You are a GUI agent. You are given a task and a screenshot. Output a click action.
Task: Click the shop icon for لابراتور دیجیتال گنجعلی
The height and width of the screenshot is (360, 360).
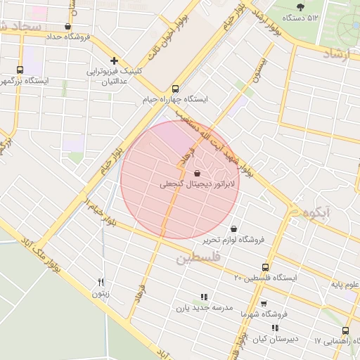coord(196,172)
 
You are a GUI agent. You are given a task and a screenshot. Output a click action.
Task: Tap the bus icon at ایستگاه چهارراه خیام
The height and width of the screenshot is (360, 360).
coord(175,89)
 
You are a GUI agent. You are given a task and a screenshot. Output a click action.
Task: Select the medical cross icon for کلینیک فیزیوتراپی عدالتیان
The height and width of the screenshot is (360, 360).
coord(114,60)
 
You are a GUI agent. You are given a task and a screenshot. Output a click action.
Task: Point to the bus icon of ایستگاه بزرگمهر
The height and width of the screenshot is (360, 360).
coord(20,70)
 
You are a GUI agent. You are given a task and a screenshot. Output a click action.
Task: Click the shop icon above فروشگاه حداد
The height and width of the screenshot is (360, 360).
coord(67,27)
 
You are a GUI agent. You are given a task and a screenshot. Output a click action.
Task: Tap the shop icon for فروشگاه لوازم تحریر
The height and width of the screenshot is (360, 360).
coord(233,229)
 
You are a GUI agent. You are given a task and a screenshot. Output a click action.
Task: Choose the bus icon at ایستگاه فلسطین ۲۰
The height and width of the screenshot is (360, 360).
coord(265,267)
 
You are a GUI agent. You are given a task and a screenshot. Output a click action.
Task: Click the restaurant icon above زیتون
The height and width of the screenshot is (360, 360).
coord(101,282)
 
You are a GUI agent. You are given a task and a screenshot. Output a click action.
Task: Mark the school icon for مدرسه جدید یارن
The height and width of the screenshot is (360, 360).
coord(204,297)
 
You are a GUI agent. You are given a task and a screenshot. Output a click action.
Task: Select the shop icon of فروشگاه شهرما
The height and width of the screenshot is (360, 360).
coord(264,304)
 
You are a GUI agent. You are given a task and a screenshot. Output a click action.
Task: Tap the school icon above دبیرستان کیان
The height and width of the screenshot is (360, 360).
coord(275,328)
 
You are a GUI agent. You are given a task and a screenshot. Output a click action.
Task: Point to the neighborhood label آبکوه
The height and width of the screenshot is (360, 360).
coord(311,211)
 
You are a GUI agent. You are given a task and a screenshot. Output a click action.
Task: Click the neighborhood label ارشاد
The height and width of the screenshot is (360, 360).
coord(340,53)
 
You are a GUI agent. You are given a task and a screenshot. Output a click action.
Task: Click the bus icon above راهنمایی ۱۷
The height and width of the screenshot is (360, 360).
coord(345,331)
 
